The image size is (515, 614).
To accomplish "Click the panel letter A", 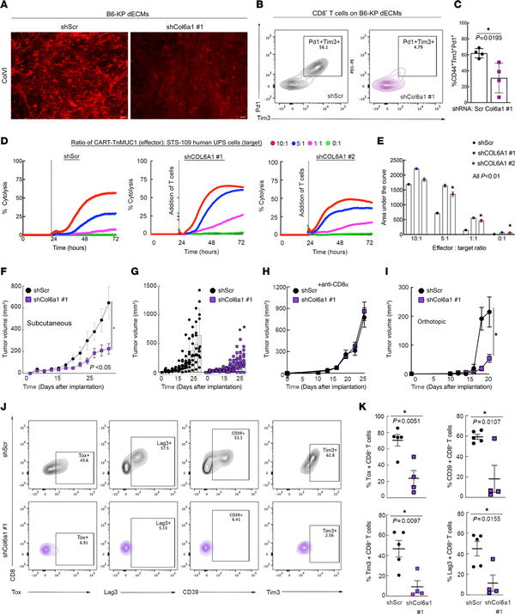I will tap(7, 8).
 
